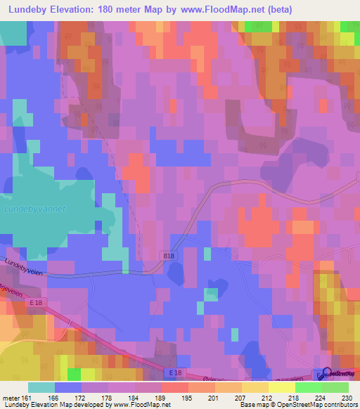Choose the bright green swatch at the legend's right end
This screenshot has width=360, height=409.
[335, 387]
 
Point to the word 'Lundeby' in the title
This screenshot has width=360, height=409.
[32, 10]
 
